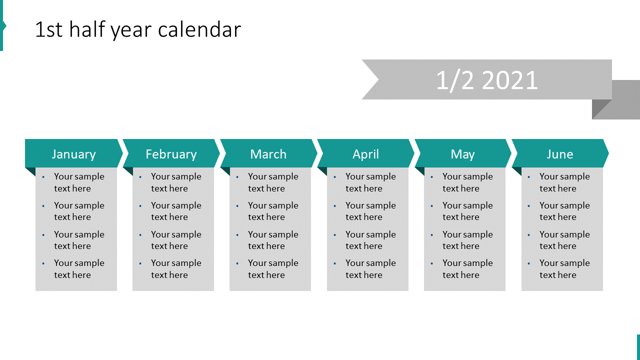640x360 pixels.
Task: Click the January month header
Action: tap(73, 154)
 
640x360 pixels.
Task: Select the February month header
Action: tap(171, 154)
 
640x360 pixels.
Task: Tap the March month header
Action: tap(268, 154)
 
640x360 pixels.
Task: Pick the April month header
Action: tap(365, 154)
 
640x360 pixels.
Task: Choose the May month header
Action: tap(462, 154)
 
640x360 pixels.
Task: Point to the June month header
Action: tap(559, 154)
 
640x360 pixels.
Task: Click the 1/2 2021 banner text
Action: tap(486, 80)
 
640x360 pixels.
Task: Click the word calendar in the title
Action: tap(199, 30)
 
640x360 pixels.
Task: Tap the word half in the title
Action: tap(87, 30)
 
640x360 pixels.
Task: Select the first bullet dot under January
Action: tap(43, 176)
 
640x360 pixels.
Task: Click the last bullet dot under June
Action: tap(529, 263)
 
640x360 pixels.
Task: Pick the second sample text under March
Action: tap(272, 211)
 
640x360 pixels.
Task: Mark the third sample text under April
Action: tap(370, 240)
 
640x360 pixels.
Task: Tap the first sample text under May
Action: tap(467, 182)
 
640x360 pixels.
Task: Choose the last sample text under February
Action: tap(175, 269)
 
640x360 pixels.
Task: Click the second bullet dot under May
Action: tap(432, 205)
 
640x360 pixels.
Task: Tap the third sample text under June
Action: tap(564, 240)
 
